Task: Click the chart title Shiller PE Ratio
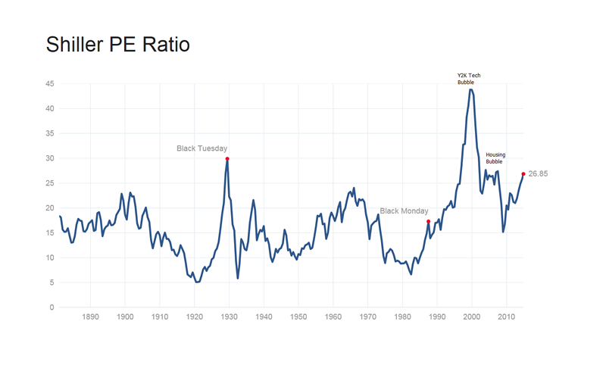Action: point(117,44)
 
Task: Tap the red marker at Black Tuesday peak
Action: point(227,159)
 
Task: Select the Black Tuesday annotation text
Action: point(201,148)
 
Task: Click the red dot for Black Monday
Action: point(429,222)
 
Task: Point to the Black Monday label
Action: point(404,211)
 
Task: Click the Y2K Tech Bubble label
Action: point(468,79)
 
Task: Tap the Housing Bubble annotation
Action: point(495,158)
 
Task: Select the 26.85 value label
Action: point(538,174)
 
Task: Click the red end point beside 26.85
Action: point(523,174)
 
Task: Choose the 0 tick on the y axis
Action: point(51,307)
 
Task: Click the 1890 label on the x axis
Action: point(90,318)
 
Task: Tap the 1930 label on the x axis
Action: point(229,318)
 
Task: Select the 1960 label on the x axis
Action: point(333,318)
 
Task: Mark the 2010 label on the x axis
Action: point(507,318)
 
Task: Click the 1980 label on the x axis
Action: point(402,318)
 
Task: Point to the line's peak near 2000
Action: point(471,89)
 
